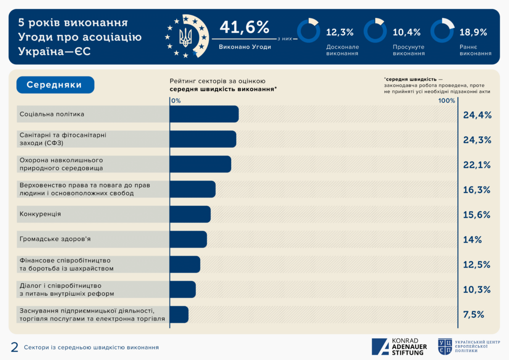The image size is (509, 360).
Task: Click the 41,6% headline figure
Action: [244, 27]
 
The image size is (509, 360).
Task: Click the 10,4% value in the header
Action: [407, 33]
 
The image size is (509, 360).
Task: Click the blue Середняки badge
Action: [55, 85]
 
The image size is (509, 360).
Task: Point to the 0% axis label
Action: [175, 100]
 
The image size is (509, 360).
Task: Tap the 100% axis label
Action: [446, 100]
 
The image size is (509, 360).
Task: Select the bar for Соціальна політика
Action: [204, 114]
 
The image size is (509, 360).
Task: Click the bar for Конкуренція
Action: [190, 214]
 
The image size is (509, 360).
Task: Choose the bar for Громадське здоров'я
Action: [188, 239]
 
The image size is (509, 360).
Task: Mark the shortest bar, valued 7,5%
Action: [179, 314]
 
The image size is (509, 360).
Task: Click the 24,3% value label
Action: [477, 140]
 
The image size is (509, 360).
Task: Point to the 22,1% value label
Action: [477, 165]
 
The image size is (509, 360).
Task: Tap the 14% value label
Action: [472, 240]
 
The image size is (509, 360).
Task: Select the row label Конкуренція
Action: [40, 214]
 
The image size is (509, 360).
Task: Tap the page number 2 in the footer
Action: [14, 347]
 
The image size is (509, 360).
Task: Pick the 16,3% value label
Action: [477, 190]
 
